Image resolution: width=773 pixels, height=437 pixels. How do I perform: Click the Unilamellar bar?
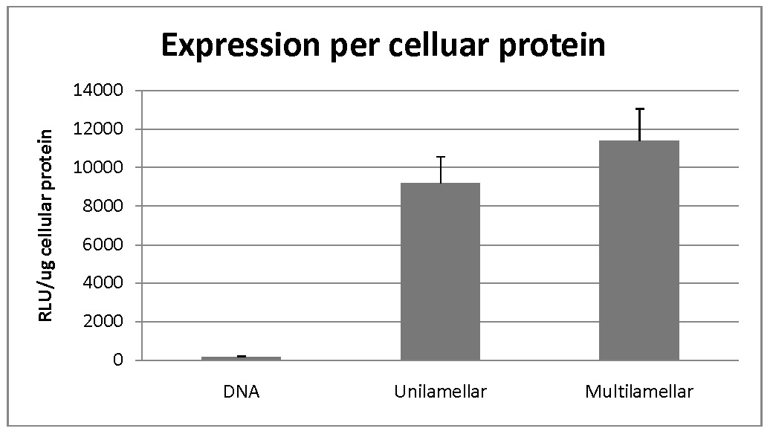[440, 271]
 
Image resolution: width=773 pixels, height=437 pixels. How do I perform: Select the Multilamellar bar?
[639, 250]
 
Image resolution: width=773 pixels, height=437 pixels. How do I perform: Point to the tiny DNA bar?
[241, 358]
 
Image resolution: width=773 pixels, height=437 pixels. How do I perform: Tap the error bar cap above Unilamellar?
[440, 157]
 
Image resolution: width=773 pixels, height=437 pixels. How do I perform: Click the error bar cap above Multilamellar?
[639, 109]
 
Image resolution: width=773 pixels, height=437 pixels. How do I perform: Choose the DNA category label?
[241, 392]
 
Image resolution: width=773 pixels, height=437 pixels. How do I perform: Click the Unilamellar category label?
[440, 392]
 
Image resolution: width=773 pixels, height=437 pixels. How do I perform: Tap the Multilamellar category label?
[639, 392]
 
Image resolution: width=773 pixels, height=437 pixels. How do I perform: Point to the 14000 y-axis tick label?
[98, 90]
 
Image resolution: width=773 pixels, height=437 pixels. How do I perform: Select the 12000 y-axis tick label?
[98, 129]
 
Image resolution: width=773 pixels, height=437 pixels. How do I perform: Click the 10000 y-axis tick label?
[98, 167]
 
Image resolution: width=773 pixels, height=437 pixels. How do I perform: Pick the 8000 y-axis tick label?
[103, 206]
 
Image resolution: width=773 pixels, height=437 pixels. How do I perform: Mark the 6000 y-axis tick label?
[103, 245]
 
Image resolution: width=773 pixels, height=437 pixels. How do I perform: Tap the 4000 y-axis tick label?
[103, 283]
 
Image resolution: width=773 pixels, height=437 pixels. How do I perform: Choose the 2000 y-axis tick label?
[103, 322]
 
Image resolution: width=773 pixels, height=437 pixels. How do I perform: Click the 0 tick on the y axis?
[118, 360]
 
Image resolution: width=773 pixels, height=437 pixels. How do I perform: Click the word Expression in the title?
[241, 45]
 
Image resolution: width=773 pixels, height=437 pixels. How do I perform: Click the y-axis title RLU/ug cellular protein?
[45, 226]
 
